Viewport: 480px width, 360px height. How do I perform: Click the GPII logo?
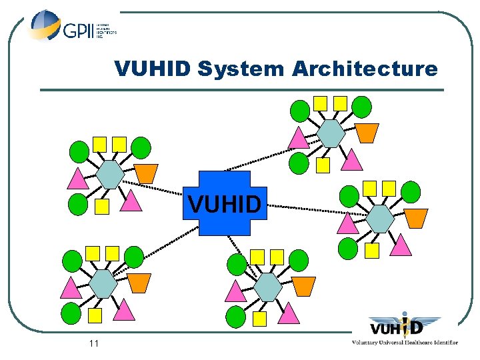point(72,27)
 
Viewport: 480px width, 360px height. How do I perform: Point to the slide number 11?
point(93,343)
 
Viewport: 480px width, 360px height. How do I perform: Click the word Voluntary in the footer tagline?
point(368,343)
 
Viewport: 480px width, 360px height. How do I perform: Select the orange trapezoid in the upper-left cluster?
point(147,173)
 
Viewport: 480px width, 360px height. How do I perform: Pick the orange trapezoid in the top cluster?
point(366,133)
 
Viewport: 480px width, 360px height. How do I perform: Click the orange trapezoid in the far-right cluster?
point(416,217)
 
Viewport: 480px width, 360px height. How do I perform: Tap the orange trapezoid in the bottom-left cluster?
point(139,283)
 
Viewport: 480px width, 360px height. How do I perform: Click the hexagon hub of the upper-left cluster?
point(110,175)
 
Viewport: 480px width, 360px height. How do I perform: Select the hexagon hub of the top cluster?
point(331,133)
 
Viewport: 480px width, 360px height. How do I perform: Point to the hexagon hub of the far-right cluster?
point(381,219)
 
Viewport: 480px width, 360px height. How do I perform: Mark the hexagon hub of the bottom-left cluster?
point(103,284)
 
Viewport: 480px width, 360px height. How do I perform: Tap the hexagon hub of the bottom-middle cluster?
point(269,287)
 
